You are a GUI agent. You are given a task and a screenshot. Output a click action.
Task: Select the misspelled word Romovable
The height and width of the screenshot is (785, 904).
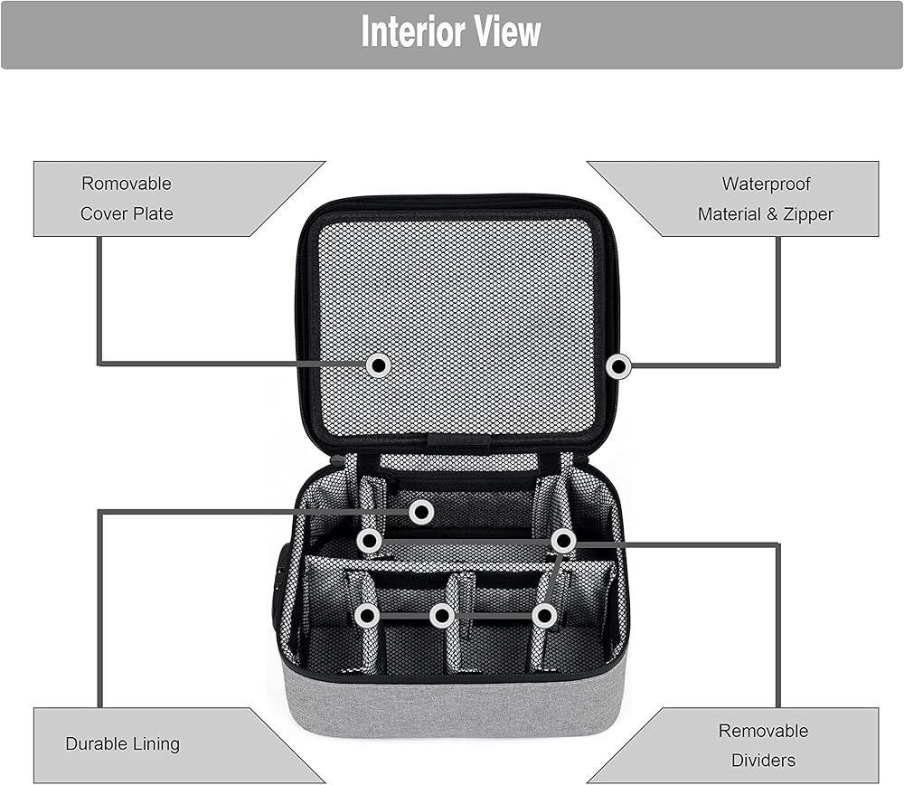click(x=127, y=184)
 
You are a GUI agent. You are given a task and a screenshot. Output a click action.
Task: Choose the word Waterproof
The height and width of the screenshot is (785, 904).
click(x=766, y=184)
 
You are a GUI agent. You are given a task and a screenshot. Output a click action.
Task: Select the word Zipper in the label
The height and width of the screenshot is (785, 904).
click(x=808, y=214)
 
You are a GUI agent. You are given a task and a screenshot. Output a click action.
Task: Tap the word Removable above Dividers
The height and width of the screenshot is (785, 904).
click(x=763, y=731)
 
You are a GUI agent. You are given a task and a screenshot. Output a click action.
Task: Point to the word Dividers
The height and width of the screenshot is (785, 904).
click(x=763, y=761)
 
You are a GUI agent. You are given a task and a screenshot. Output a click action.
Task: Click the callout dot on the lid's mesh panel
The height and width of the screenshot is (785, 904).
click(x=379, y=365)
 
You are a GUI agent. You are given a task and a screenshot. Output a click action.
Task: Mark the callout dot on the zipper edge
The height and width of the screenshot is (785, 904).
click(x=619, y=366)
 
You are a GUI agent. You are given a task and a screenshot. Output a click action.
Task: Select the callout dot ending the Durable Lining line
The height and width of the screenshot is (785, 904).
click(x=421, y=512)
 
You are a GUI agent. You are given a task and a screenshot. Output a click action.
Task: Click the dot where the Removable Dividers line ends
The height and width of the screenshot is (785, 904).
click(x=563, y=541)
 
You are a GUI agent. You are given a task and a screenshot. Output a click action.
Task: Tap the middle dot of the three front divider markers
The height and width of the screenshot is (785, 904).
click(x=442, y=616)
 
